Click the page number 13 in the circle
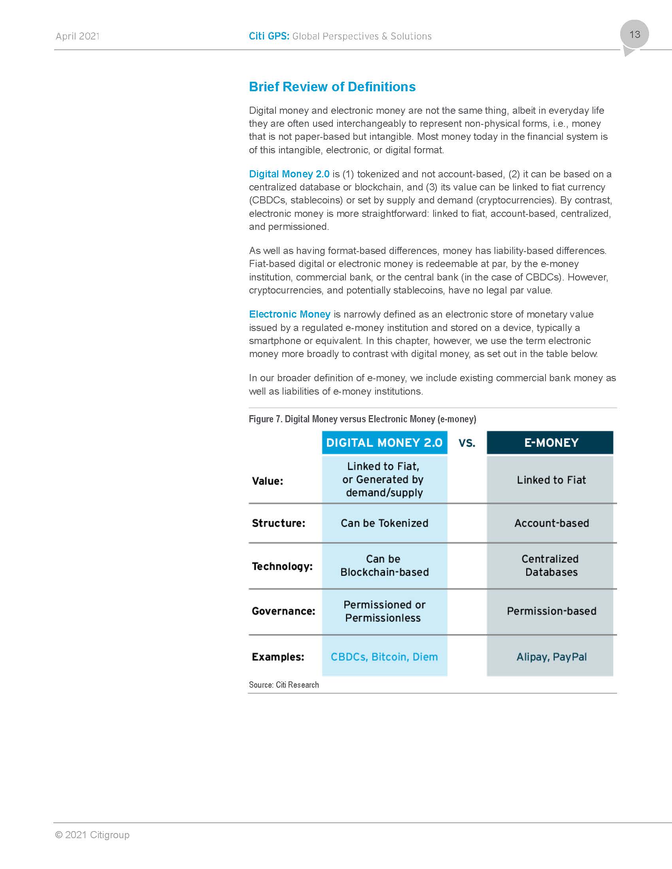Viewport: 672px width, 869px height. (634, 35)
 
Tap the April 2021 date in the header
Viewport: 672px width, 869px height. (77, 36)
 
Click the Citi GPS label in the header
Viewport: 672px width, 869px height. (269, 36)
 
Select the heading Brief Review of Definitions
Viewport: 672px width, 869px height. (332, 87)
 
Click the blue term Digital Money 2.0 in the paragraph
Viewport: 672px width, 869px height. (289, 174)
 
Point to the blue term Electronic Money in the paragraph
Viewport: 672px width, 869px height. (289, 314)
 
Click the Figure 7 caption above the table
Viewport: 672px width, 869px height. (362, 419)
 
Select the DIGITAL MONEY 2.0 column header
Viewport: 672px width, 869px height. (384, 442)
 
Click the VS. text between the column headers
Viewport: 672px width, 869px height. (467, 443)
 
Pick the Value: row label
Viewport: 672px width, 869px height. (268, 481)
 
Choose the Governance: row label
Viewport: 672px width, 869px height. (283, 611)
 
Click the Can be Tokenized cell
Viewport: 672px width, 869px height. (384, 523)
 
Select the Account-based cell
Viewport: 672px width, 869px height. (551, 523)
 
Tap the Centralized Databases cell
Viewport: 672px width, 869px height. (551, 565)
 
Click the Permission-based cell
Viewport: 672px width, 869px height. (551, 611)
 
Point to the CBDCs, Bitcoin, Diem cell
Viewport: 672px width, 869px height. (384, 657)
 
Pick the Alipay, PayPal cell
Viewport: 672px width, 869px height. (551, 657)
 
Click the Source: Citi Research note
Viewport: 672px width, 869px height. (284, 685)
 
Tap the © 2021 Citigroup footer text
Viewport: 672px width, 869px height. (92, 835)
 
